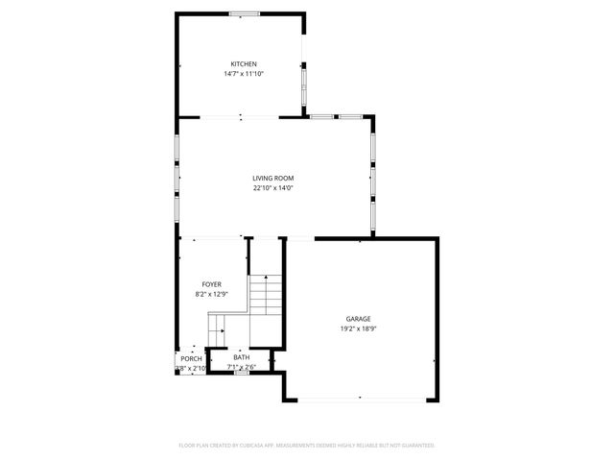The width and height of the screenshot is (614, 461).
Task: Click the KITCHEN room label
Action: tap(243, 64)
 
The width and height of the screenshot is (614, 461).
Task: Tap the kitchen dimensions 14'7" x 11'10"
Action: tap(243, 74)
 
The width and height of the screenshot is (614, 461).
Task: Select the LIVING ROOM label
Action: tap(272, 179)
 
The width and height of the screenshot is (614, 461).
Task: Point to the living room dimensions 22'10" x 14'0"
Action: tap(272, 188)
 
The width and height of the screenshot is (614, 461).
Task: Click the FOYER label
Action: tap(211, 284)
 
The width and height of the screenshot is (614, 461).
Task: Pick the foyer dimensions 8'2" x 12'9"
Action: tap(211, 294)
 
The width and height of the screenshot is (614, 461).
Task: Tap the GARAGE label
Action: tap(358, 319)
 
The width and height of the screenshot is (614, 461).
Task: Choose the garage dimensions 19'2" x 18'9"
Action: tap(358, 328)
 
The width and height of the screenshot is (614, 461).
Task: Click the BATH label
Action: tap(240, 358)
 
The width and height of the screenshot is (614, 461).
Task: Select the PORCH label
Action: tap(191, 359)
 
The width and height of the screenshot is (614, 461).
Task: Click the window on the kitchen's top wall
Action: tap(242, 13)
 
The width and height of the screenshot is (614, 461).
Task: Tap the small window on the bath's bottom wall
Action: tap(242, 374)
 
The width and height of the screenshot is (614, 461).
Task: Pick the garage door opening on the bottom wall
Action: tap(360, 398)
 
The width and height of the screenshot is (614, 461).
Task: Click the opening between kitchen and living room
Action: tap(240, 118)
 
